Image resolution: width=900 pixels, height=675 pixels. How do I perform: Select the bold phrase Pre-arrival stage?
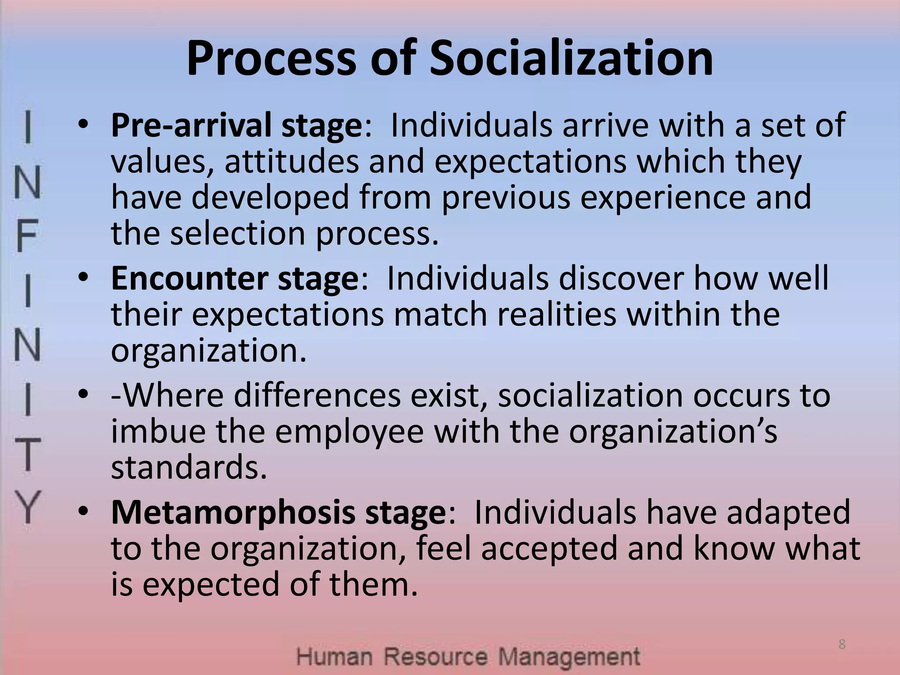(236, 126)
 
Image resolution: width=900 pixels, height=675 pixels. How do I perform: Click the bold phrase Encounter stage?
(235, 279)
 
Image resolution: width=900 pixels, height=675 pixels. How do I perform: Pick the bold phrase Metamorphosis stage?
(278, 513)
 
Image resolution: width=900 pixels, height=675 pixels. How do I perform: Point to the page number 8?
(842, 645)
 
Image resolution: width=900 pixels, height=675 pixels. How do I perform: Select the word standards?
(189, 468)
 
